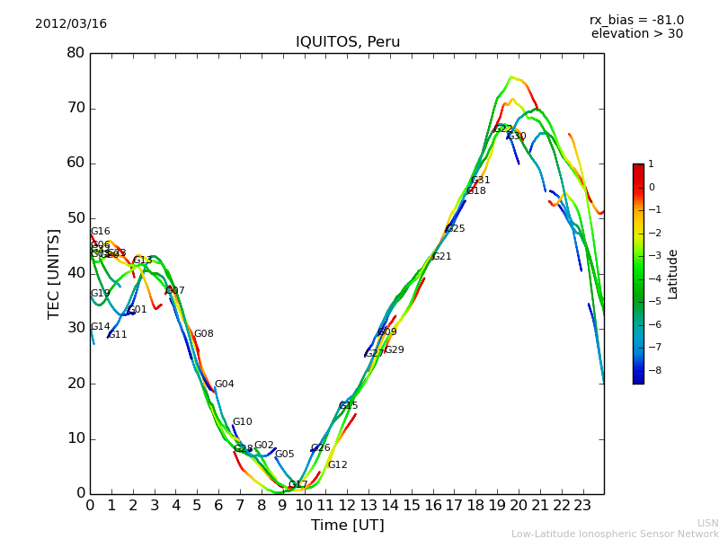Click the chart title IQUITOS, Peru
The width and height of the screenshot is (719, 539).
pyautogui.click(x=348, y=42)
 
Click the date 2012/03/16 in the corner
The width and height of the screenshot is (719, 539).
pyautogui.click(x=71, y=24)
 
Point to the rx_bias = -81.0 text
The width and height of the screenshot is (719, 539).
pyautogui.click(x=636, y=20)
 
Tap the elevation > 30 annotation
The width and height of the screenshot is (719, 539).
pyautogui.click(x=636, y=34)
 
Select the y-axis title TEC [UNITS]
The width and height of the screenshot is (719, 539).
pyautogui.click(x=54, y=273)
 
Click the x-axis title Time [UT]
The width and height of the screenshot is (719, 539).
pyautogui.click(x=347, y=526)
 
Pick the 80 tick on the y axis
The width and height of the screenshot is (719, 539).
pyautogui.click(x=75, y=52)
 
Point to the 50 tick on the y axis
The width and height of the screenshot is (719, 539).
pyautogui.click(x=75, y=218)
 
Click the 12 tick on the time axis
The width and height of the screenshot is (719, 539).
pyautogui.click(x=347, y=506)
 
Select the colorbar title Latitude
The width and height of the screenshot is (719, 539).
pyautogui.click(x=673, y=274)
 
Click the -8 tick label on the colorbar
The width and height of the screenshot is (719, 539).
pyautogui.click(x=652, y=369)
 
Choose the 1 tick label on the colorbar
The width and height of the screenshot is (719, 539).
pyautogui.click(x=651, y=164)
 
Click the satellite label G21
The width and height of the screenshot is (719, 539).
pyautogui.click(x=441, y=257)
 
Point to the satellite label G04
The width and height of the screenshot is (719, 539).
pyautogui.click(x=224, y=384)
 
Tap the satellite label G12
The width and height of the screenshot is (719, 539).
pyautogui.click(x=337, y=465)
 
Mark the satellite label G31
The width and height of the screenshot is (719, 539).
pyautogui.click(x=481, y=181)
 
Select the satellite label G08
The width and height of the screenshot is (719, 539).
pyautogui.click(x=203, y=334)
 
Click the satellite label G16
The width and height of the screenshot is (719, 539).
pyautogui.click(x=100, y=232)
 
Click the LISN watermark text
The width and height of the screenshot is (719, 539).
pyautogui.click(x=707, y=523)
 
